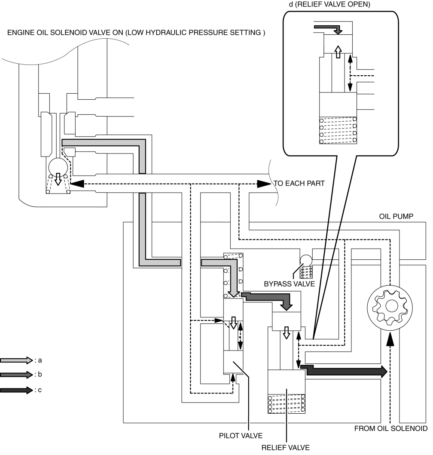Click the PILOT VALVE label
point(241,436)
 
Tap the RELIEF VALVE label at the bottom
point(286,447)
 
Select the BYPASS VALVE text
point(289,284)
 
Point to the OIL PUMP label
point(396,216)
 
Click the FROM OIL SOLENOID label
point(390,428)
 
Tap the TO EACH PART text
point(299,183)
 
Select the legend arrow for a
point(16,360)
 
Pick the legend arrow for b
point(16,375)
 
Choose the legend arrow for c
point(16,390)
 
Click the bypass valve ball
point(306,260)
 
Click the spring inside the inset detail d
point(338,130)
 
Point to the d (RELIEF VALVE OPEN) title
point(329,4)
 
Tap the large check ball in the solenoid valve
point(58,167)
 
